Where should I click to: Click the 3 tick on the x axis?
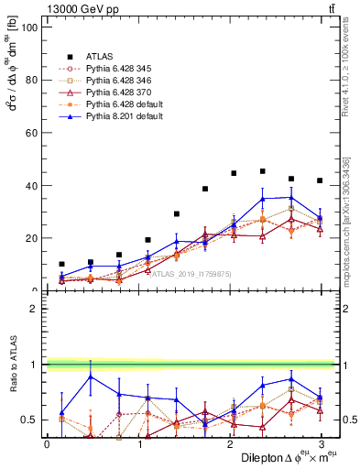[x=320, y=444]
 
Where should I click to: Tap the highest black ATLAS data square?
[x=263, y=171]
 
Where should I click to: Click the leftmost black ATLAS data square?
[x=61, y=264]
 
